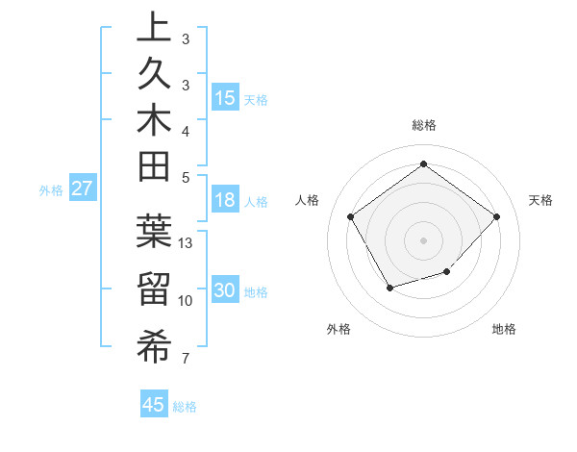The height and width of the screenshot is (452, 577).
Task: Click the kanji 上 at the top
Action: tap(153, 26)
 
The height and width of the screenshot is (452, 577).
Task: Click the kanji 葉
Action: tap(153, 231)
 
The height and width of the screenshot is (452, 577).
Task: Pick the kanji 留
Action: tap(153, 289)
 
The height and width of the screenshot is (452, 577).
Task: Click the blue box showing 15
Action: tap(225, 98)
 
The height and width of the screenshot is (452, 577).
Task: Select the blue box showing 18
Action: tap(225, 201)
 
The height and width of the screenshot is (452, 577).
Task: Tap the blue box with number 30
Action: tap(225, 291)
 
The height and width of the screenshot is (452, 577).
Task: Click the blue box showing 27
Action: tap(82, 188)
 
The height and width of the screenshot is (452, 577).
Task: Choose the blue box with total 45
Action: tap(154, 405)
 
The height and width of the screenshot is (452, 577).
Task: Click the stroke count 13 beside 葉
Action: tap(187, 243)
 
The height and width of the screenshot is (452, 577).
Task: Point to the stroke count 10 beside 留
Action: tap(187, 301)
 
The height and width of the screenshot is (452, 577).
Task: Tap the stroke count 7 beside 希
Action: tap(185, 360)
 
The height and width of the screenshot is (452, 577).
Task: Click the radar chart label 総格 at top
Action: tap(423, 125)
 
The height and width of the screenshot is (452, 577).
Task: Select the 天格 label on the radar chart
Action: tap(540, 200)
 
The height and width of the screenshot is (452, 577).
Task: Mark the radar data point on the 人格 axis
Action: tap(351, 215)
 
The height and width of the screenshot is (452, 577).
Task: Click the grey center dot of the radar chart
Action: tap(423, 239)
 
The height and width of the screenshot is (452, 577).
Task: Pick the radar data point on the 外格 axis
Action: tap(389, 287)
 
